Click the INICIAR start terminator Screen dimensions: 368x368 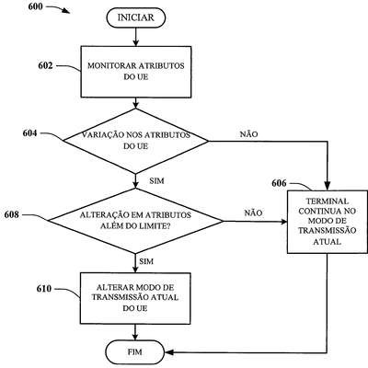coord(136,17)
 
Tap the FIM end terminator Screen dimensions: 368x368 coord(135,351)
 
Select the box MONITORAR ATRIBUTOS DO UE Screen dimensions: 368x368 coord(136,72)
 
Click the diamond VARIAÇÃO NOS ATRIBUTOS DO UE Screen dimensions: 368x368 coord(135,141)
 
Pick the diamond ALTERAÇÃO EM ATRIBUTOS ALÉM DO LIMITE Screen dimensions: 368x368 coord(135,221)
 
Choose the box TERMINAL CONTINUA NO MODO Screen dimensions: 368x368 coord(328,222)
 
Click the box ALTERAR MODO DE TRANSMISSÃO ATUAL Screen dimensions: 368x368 coord(135,298)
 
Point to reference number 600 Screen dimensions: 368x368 coord(35,6)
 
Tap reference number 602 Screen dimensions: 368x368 coord(45,65)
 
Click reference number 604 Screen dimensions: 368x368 coord(30,133)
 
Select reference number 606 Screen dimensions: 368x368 coord(279,183)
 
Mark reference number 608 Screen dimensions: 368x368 coord(12,214)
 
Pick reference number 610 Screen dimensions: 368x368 coord(44,289)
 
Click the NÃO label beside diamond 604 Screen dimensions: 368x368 coord(248,134)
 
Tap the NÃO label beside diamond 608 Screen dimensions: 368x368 coord(253,213)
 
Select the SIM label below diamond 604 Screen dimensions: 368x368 coord(156,181)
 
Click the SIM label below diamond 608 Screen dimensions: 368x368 coord(146,261)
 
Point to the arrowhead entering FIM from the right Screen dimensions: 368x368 coord(169,352)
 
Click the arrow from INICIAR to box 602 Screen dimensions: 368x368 coord(135,37)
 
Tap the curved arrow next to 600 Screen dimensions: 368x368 coord(58,8)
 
